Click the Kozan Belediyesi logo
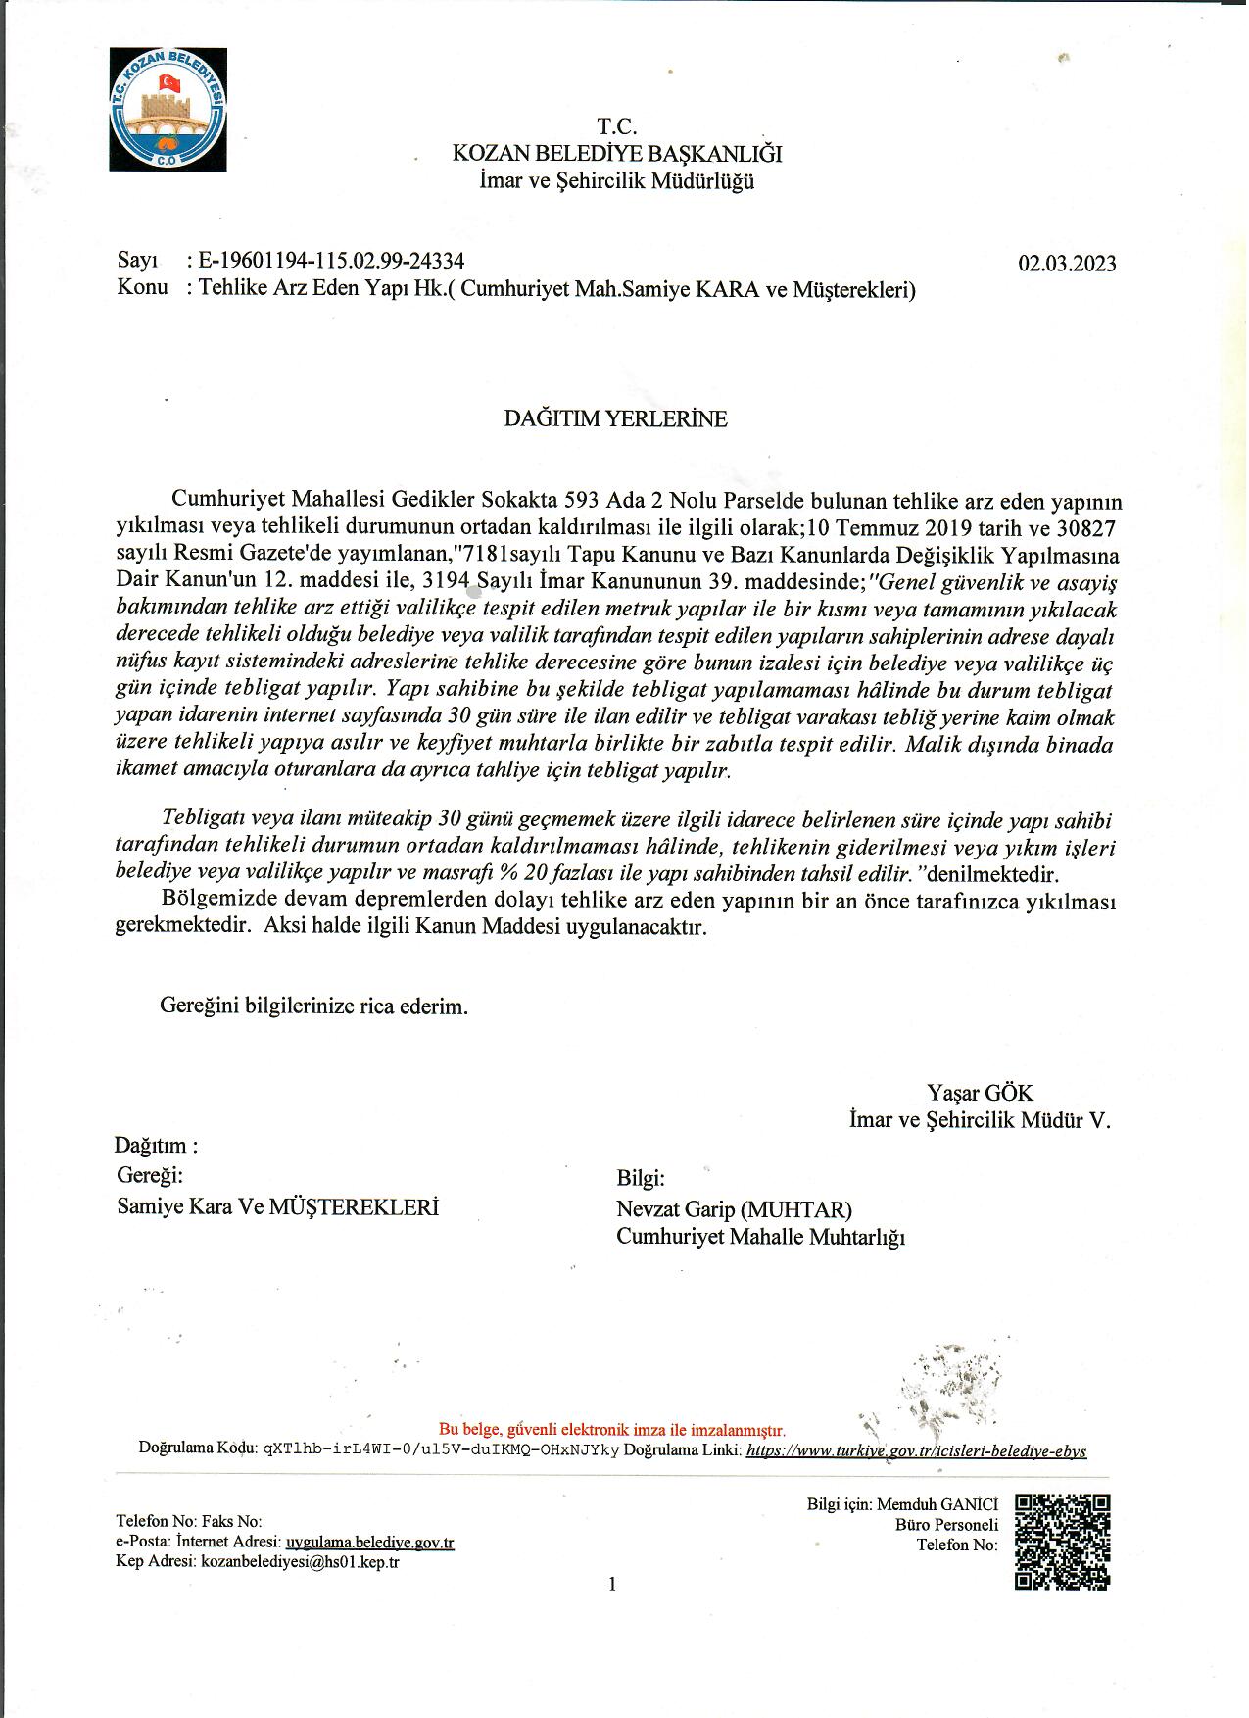[x=168, y=110]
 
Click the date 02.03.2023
[x=1067, y=264]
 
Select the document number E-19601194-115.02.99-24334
[x=331, y=262]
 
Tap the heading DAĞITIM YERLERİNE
[x=615, y=419]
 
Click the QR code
[x=1062, y=1542]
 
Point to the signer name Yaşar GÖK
[x=980, y=1093]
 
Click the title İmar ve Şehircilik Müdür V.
[x=980, y=1120]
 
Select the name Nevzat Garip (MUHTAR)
[x=734, y=1209]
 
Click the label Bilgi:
[x=641, y=1179]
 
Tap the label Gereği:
[x=150, y=1174]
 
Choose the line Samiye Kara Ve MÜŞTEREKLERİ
[x=277, y=1206]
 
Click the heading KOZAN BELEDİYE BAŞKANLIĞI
[x=616, y=154]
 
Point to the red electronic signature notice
[x=611, y=1430]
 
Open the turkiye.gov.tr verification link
[x=916, y=1451]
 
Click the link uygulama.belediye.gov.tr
[x=369, y=1543]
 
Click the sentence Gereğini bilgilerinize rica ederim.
[x=313, y=1006]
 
